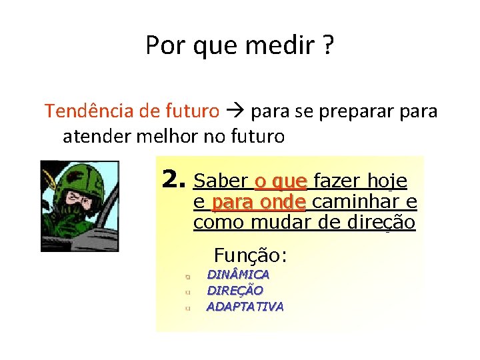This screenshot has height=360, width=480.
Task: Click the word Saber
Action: (220, 181)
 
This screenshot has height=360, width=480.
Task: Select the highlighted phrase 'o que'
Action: (281, 181)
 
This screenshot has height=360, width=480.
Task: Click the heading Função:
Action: (250, 255)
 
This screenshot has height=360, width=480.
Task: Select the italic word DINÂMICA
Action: (238, 275)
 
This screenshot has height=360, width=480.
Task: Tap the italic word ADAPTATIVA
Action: (245, 307)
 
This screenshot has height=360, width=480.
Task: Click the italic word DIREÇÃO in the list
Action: (235, 291)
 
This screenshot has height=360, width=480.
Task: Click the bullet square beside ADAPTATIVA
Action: (189, 308)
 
